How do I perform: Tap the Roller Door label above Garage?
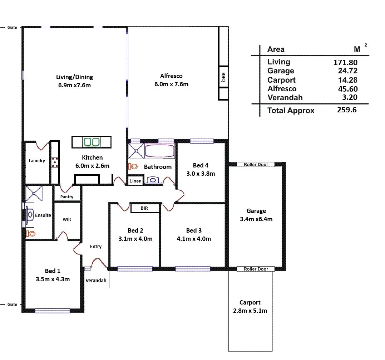(x=256, y=165)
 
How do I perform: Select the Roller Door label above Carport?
(x=256, y=269)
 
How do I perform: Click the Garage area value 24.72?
(x=347, y=71)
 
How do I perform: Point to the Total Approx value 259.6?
(x=347, y=110)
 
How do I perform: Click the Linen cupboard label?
(x=135, y=181)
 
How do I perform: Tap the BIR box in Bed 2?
(x=144, y=208)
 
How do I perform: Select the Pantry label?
(x=67, y=197)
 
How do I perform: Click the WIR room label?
(x=67, y=219)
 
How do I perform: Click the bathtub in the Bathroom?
(x=159, y=151)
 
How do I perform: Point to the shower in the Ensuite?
(x=34, y=194)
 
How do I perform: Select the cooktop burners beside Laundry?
(x=55, y=162)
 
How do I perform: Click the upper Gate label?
(x=12, y=28)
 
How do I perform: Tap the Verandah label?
(x=96, y=281)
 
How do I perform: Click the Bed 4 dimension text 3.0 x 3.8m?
(x=201, y=174)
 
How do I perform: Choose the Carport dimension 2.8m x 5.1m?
(x=250, y=311)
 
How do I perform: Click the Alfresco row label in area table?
(x=282, y=89)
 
